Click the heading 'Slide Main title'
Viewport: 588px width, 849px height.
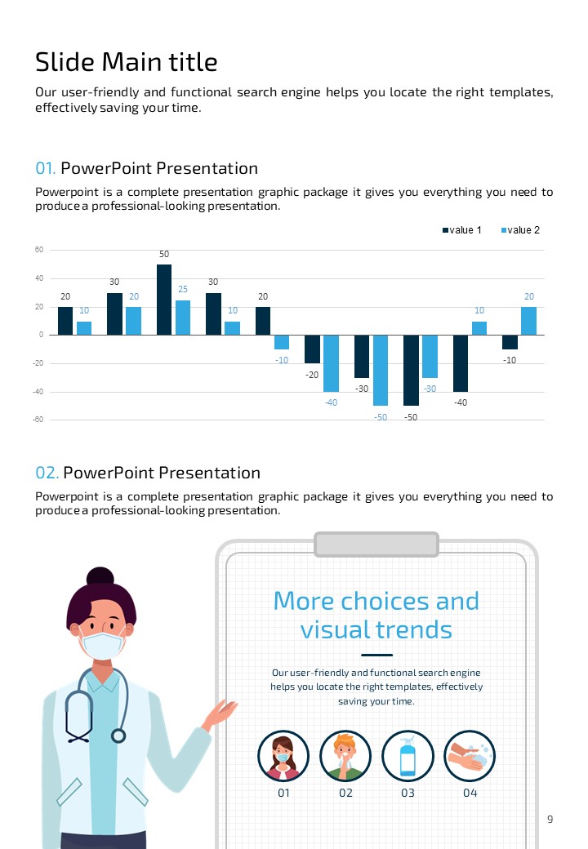point(127,62)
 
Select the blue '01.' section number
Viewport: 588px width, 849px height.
point(45,169)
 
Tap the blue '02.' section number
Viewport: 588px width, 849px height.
point(47,473)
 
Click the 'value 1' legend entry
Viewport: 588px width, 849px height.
point(462,230)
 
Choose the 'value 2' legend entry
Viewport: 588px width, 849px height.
point(519,230)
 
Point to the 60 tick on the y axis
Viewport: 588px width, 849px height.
point(38,250)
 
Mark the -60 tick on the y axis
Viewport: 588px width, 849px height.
point(38,420)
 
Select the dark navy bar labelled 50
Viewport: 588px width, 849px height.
point(164,300)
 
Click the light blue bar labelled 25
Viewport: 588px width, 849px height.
point(183,318)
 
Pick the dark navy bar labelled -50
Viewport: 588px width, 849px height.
point(411,370)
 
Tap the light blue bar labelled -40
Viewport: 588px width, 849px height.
point(331,363)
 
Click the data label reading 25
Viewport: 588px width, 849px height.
point(183,290)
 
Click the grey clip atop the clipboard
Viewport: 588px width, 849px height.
point(376,544)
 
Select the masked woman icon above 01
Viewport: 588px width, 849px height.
point(283,756)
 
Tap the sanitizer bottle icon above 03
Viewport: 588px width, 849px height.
point(408,756)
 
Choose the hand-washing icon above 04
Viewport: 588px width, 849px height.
point(470,756)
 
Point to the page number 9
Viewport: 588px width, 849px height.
point(550,820)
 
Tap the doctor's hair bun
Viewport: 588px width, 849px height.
point(100,576)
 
